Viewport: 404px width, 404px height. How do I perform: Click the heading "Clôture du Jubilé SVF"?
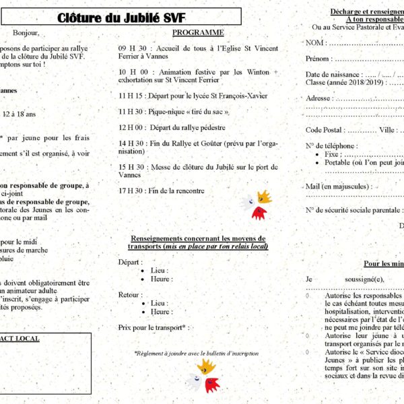point(121,18)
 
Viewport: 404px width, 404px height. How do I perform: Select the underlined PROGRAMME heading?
point(198,32)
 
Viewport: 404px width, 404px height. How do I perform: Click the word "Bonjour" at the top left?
point(26,32)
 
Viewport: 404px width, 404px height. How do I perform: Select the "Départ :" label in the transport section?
point(130,262)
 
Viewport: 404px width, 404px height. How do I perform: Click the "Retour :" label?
point(131,294)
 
